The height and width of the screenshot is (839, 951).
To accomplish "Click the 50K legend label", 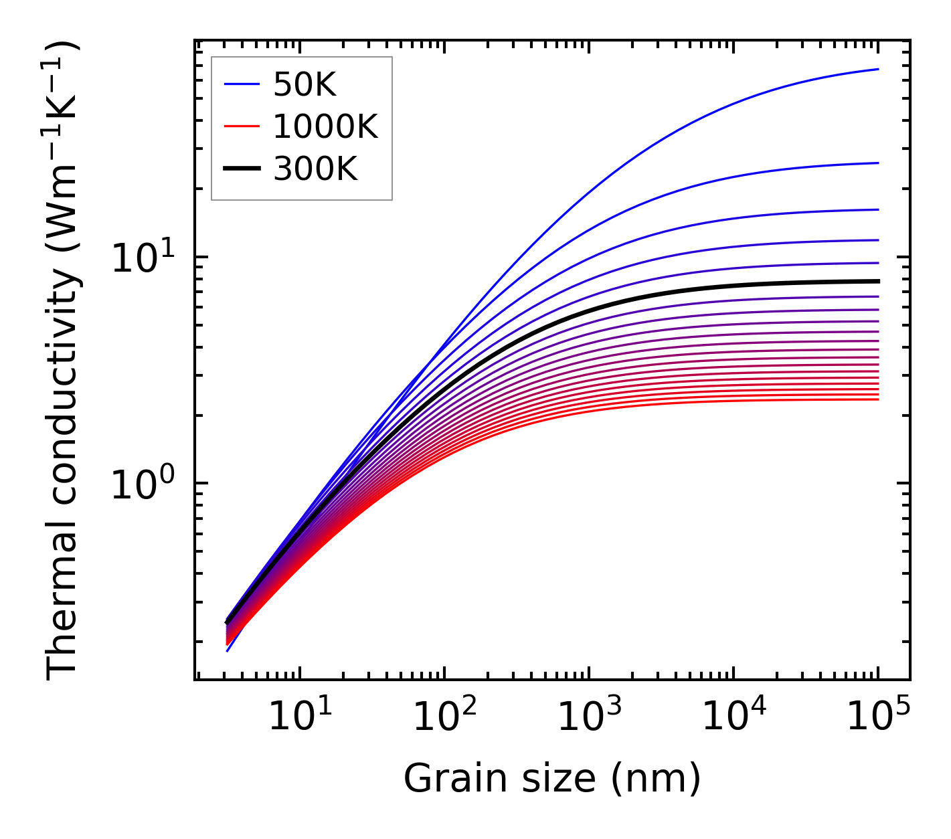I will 305,85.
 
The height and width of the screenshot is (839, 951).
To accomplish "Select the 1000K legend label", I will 326,127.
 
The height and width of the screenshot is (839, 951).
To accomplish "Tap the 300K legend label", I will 316,169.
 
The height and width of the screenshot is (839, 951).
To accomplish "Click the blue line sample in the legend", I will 242,84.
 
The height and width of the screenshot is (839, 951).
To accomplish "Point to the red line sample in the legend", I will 242,126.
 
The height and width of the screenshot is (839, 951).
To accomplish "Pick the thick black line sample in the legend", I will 242,169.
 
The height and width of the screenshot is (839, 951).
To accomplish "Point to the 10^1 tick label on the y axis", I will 143,258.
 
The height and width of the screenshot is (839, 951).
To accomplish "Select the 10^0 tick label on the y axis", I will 143,484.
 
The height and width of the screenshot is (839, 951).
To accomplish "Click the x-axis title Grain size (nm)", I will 552,779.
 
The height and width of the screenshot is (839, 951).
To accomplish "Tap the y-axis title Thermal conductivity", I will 64,361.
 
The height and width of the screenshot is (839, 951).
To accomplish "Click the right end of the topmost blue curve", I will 877,69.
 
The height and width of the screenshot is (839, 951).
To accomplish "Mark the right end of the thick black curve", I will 877,281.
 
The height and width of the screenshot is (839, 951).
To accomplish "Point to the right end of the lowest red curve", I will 877,399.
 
